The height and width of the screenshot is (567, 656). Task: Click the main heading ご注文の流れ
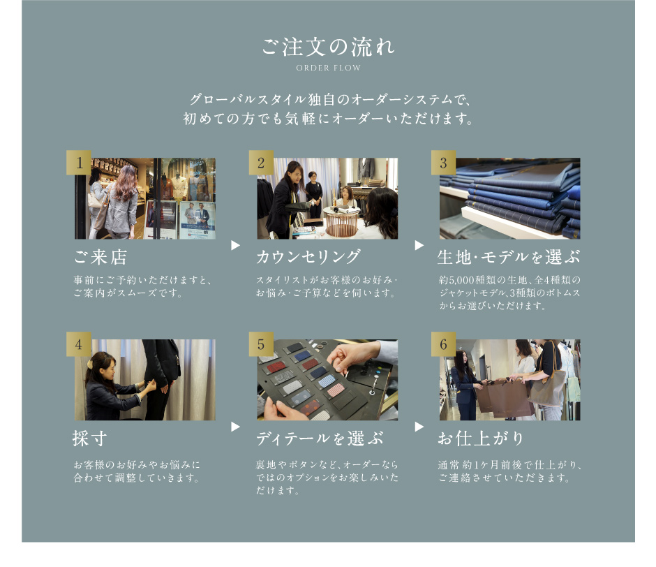click(328, 47)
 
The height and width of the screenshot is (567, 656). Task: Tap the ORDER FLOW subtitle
click(328, 68)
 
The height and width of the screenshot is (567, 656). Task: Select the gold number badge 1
click(79, 163)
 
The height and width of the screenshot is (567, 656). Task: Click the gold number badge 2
click(261, 163)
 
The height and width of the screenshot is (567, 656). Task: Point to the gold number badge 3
click(443, 163)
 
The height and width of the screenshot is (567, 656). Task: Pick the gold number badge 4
click(79, 344)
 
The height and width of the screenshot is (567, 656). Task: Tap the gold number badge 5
click(261, 344)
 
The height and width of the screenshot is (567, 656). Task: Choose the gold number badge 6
click(443, 344)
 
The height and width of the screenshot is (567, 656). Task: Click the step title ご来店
click(100, 257)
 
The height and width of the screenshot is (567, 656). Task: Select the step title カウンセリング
click(308, 257)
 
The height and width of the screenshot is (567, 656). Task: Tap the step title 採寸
click(89, 439)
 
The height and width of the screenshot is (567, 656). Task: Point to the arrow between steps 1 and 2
click(236, 245)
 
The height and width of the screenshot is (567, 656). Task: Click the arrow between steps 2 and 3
click(419, 245)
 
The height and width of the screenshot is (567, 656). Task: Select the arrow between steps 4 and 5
click(236, 427)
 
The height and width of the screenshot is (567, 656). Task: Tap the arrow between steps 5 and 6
click(419, 427)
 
